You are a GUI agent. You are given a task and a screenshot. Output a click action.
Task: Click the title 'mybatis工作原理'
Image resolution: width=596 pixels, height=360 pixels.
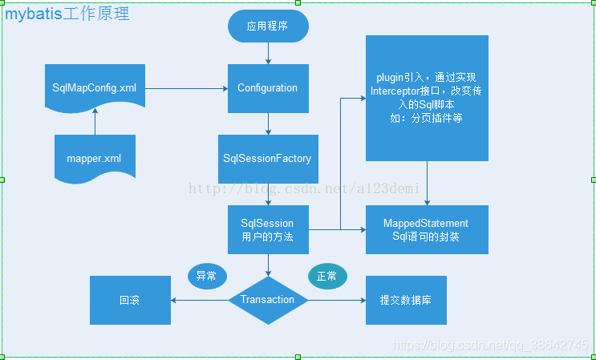(68, 14)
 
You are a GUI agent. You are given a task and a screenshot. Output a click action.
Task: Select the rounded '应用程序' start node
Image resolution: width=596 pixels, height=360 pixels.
(268, 26)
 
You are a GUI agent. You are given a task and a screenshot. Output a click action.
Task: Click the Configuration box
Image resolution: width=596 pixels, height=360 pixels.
(268, 88)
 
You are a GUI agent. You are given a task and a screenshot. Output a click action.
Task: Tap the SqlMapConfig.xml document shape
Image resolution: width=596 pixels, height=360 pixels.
(95, 87)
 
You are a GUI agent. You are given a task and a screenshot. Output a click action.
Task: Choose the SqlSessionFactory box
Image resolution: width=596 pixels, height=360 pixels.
(268, 158)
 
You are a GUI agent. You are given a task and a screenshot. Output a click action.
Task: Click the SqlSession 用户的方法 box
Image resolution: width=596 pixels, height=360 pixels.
(268, 230)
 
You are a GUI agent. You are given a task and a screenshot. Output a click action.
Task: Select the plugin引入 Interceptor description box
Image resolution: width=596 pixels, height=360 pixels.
(427, 98)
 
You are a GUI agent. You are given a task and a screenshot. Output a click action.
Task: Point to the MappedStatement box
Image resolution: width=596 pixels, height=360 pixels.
(427, 230)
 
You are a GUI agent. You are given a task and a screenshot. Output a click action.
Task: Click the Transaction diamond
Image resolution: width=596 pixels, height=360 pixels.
(268, 300)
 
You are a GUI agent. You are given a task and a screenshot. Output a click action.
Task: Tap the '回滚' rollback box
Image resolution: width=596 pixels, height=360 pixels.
(130, 300)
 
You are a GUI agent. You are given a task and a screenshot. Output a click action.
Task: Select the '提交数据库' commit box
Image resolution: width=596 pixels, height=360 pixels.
(407, 300)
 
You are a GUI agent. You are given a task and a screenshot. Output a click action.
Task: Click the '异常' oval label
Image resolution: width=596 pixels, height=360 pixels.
(207, 276)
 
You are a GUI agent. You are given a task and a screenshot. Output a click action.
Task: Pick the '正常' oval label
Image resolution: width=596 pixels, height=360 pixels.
(327, 276)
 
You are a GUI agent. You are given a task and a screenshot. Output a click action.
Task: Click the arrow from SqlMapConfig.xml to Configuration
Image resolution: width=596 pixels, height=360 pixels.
(186, 87)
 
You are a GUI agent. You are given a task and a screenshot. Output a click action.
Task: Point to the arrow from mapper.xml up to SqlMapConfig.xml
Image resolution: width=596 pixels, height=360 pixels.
(95, 123)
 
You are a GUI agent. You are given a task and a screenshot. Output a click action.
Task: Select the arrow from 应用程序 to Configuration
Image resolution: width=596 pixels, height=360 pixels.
(268, 53)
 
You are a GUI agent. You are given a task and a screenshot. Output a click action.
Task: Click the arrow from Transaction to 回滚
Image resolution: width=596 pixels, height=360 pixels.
(200, 300)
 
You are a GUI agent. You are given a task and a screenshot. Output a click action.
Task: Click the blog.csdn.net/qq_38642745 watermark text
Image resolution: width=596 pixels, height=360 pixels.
(493, 345)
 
